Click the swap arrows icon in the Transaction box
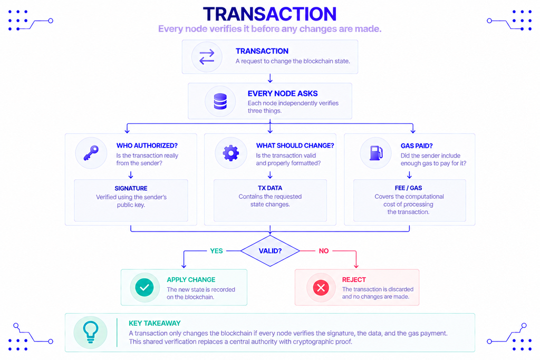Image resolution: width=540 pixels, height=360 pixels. click(207, 57)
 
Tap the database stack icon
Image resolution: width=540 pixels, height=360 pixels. click(220, 102)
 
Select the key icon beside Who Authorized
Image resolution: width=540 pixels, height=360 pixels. click(91, 153)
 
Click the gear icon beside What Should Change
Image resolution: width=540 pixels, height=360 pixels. click(231, 153)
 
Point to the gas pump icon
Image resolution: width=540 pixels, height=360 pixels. click(376, 153)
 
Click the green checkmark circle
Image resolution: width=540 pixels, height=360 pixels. click(144, 287)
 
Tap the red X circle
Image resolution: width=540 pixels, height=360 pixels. click(321, 288)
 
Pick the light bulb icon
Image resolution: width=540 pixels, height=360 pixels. click(91, 332)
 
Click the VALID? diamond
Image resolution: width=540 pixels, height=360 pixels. click(271, 251)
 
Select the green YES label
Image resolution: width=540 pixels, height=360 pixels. click(216, 251)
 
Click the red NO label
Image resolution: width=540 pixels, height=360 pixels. click(324, 251)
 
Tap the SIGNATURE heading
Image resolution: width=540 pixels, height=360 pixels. click(131, 188)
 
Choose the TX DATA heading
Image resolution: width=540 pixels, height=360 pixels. click(270, 188)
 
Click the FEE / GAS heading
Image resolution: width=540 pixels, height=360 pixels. click(409, 188)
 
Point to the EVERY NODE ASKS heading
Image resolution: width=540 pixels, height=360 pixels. click(283, 94)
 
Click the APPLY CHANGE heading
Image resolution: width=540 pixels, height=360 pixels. click(191, 280)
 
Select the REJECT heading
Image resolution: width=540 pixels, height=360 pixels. click(354, 280)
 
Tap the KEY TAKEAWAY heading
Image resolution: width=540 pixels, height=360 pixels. click(155, 323)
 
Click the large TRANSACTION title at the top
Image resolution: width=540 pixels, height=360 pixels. click(269, 14)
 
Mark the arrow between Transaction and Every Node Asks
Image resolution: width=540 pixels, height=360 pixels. click(271, 78)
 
